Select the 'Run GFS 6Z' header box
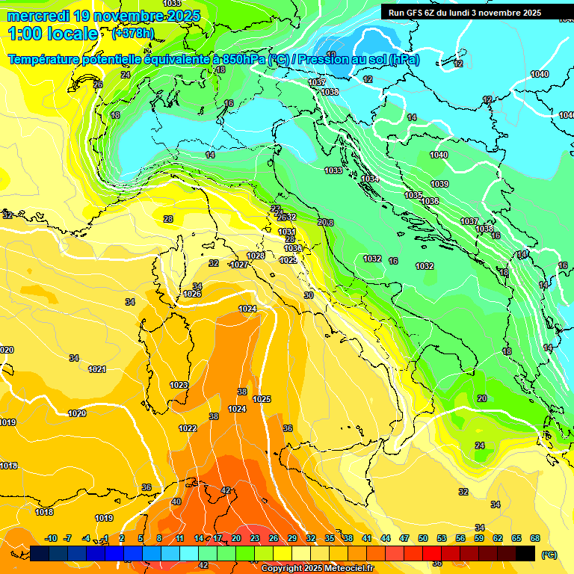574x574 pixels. [x=464, y=13]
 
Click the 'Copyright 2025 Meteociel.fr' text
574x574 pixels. [x=317, y=568]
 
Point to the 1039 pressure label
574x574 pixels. [x=439, y=184]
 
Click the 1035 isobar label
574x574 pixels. [x=413, y=195]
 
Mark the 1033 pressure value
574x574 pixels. [x=333, y=170]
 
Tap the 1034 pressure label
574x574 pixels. [x=370, y=179]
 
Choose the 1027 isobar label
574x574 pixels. [x=239, y=265]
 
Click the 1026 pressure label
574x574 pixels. [x=192, y=294]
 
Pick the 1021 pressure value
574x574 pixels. [x=97, y=369]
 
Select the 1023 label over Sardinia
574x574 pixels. [x=179, y=385]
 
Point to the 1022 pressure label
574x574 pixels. [x=188, y=428]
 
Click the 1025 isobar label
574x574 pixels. [x=262, y=399]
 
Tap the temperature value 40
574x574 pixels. [x=176, y=502]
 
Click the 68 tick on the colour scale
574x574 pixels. [x=534, y=538]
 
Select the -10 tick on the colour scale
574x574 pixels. [x=52, y=538]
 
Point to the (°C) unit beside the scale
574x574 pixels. [x=549, y=554]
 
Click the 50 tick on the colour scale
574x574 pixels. [x=423, y=538]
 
